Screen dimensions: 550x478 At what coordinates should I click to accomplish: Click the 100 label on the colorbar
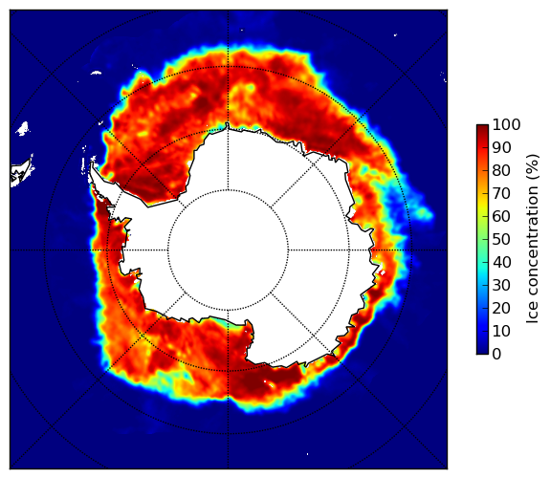pos(506,124)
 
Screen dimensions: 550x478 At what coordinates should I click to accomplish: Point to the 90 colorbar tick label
pos(501,147)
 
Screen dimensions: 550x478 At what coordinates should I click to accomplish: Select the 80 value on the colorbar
pos(501,170)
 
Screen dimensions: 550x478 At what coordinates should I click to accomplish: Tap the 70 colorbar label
pos(501,193)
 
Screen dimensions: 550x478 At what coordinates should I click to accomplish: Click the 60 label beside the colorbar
pos(501,216)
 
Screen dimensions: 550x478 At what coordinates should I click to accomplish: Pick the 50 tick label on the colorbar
pos(501,240)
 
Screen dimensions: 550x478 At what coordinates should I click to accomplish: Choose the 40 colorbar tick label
pos(501,262)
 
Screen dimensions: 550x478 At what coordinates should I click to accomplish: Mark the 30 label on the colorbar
pos(501,286)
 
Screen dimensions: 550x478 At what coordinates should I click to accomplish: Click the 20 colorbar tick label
pos(501,308)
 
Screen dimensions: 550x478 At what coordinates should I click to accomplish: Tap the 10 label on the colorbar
pos(501,332)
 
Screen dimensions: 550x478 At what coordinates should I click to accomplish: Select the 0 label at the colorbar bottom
pos(496,355)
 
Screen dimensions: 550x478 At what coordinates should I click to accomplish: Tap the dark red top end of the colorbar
pos(482,126)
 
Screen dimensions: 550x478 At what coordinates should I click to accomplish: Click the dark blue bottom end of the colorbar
pos(482,352)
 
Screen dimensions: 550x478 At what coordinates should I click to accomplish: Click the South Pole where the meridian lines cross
pos(228,250)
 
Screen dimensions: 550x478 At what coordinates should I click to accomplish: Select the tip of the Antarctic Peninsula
pos(92,163)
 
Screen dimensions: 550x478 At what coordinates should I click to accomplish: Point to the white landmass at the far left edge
pos(22,172)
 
